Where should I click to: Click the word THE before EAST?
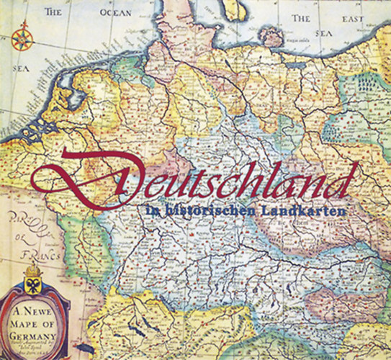point(301,17)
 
